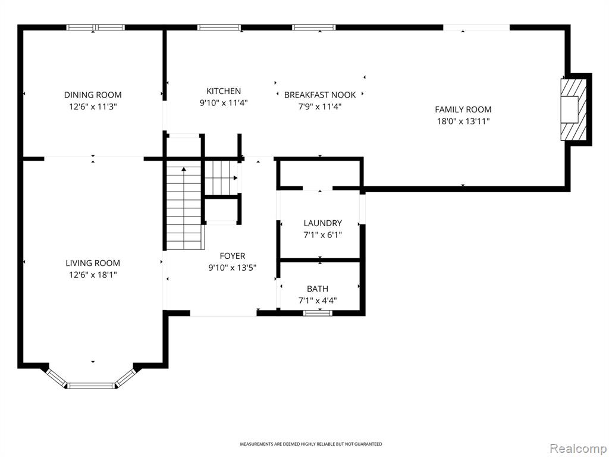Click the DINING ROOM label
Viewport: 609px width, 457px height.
pyautogui.click(x=93, y=95)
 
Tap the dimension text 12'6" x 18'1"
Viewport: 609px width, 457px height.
pyautogui.click(x=93, y=275)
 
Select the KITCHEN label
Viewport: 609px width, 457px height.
pyautogui.click(x=224, y=91)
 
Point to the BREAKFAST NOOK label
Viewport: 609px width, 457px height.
pyautogui.click(x=320, y=95)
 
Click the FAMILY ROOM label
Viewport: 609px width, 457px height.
pyautogui.click(x=463, y=109)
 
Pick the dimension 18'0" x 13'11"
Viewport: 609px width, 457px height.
pyautogui.click(x=463, y=121)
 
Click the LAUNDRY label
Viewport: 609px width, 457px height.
pyautogui.click(x=323, y=223)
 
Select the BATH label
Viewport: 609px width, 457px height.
pyautogui.click(x=318, y=289)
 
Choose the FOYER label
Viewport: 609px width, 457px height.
pyautogui.click(x=233, y=256)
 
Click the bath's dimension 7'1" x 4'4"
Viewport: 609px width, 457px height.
pyautogui.click(x=318, y=301)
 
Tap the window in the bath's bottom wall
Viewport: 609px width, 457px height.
pyautogui.click(x=318, y=313)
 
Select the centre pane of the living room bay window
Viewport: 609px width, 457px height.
pyautogui.click(x=91, y=386)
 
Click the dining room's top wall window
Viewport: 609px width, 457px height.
pyautogui.click(x=95, y=27)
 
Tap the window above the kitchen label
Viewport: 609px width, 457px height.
pyautogui.click(x=219, y=27)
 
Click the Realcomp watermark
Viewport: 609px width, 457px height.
pyautogui.click(x=577, y=449)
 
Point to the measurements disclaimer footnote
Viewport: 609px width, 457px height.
pyautogui.click(x=310, y=444)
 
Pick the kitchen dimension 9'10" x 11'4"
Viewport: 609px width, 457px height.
pyautogui.click(x=224, y=103)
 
